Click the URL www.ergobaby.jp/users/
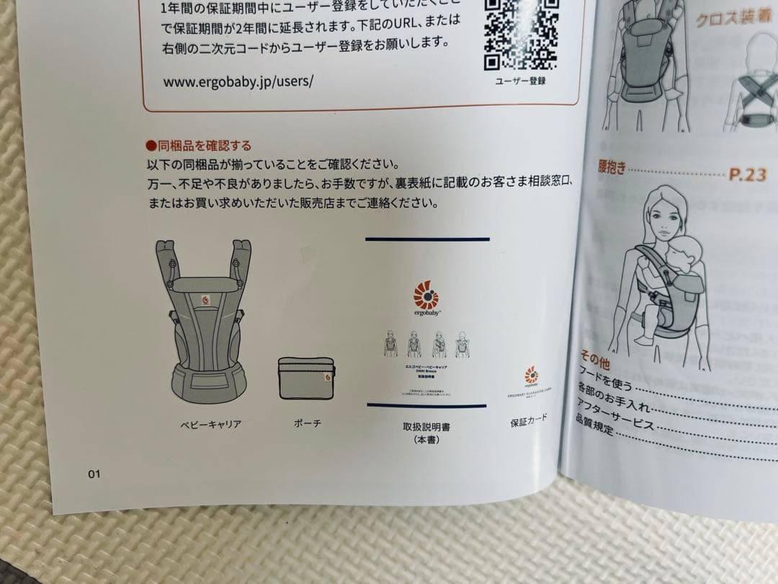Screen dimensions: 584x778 tap(238, 81)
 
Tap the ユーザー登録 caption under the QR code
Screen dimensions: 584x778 tap(520, 81)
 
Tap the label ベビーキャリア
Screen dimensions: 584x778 tap(210, 425)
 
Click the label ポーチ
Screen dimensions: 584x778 tap(307, 423)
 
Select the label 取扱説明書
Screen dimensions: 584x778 tap(426, 428)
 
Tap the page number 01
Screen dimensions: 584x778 tap(94, 474)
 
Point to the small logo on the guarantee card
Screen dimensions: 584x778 tap(531, 375)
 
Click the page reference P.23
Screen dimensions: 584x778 tap(747, 174)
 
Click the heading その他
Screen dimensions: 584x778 tap(594, 359)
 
